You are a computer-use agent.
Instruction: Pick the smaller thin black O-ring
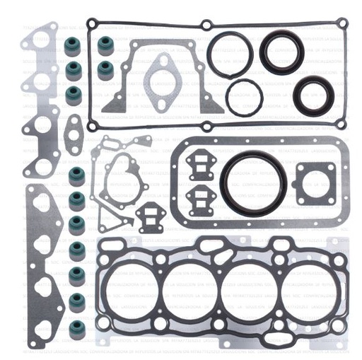pyautogui.click(x=245, y=96)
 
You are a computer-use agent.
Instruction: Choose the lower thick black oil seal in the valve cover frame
pyautogui.click(x=310, y=95)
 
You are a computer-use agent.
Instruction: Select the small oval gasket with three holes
pyautogui.click(x=73, y=134)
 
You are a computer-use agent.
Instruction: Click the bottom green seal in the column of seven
pyautogui.click(x=76, y=327)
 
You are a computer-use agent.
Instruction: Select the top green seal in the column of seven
pyautogui.click(x=76, y=175)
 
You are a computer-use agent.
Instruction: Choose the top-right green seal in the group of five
pyautogui.click(x=105, y=46)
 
